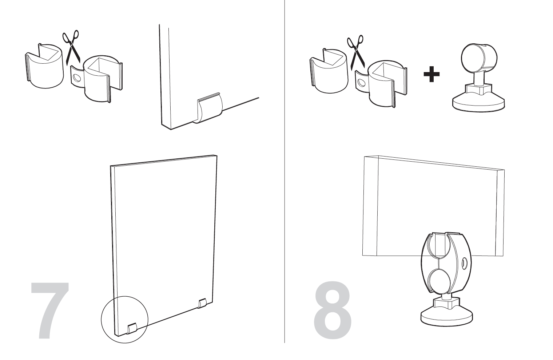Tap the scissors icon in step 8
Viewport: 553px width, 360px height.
pyautogui.click(x=356, y=51)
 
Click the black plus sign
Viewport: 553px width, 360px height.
pyautogui.click(x=431, y=74)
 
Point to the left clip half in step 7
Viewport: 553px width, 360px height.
pyautogui.click(x=44, y=66)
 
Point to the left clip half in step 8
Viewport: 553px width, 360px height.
pyautogui.click(x=329, y=70)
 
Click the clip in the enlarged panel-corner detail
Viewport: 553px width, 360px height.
pyautogui.click(x=208, y=109)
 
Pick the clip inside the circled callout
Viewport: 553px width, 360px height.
pyautogui.click(x=132, y=329)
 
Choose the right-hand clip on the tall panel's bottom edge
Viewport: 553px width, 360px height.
pyautogui.click(x=202, y=304)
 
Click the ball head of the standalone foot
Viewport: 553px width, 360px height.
pyautogui.click(x=479, y=57)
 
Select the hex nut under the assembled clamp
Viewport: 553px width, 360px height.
pyautogui.click(x=447, y=302)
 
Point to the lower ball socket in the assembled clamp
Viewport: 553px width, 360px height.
pyautogui.click(x=440, y=280)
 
